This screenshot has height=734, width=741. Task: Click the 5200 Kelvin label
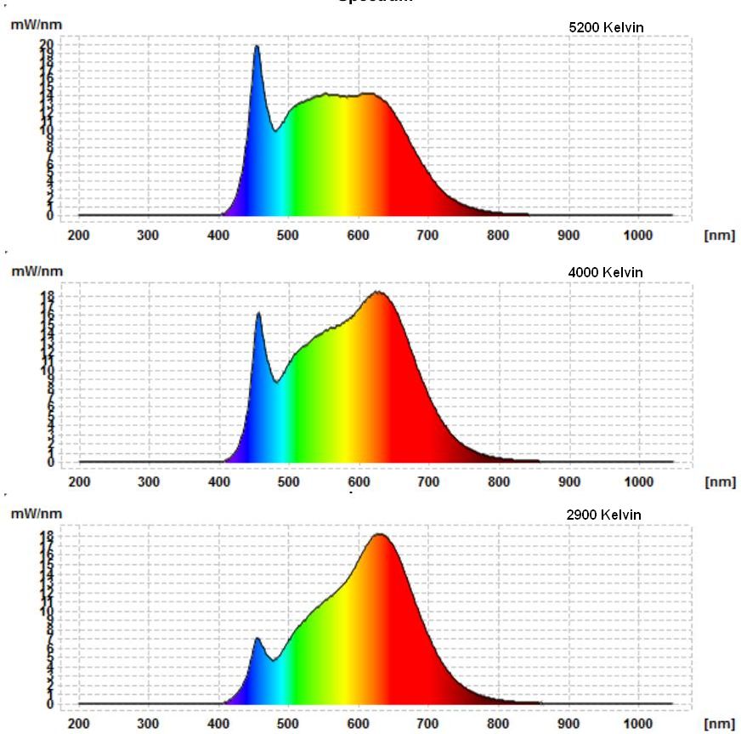coord(606,27)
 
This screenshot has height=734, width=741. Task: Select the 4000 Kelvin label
coord(605,272)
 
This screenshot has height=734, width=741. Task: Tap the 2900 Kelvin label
coord(603,515)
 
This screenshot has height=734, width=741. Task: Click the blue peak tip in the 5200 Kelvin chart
coord(256,47)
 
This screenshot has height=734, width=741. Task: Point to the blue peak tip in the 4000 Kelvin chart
coord(258,314)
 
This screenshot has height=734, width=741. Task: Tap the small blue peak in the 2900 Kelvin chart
coord(257,639)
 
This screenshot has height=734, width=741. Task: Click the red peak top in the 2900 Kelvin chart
coord(379,534)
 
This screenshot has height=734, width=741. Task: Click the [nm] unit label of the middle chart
coord(719,482)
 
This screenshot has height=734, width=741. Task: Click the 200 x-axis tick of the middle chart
coord(78,482)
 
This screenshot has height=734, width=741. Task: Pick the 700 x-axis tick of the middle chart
coord(428,482)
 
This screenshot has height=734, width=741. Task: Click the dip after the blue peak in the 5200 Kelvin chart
coord(274,131)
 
